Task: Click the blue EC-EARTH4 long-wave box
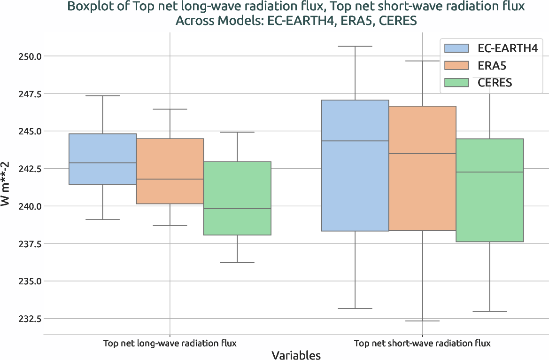point(102,159)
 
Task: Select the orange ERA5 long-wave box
point(170,171)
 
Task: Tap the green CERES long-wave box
point(237,198)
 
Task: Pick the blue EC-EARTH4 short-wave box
point(355,165)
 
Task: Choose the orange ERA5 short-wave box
point(422,168)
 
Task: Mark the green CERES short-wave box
point(489,190)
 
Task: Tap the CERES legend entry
point(485,83)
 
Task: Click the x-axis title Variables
point(296,355)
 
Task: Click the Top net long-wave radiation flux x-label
point(170,344)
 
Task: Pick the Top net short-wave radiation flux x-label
point(422,344)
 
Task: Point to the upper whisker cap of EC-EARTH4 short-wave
point(355,47)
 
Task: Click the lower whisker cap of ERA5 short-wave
point(422,321)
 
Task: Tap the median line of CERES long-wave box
point(237,209)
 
